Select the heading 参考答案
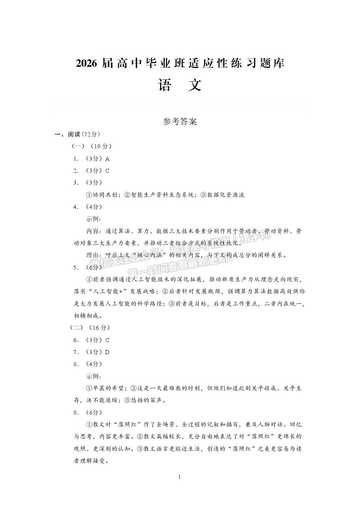(180, 122)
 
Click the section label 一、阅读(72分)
(77, 134)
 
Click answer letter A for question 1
(107, 159)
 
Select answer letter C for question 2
(107, 171)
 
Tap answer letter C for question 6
(107, 340)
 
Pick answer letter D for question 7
(107, 352)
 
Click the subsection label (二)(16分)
(90, 328)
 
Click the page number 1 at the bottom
(180, 476)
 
